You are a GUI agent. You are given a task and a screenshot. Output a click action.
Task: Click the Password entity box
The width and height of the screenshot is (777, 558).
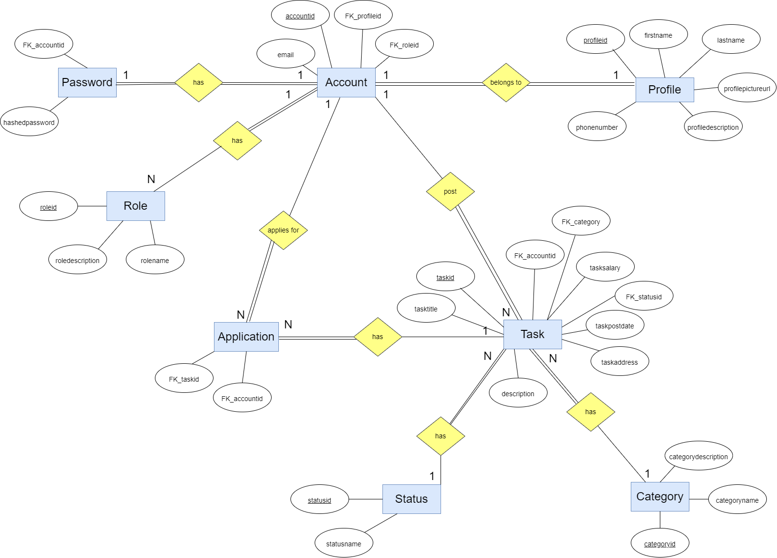(x=87, y=82)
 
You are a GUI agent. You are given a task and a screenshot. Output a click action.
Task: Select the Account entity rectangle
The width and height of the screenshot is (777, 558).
(x=346, y=82)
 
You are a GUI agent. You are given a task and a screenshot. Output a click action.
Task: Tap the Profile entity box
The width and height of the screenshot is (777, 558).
(x=664, y=90)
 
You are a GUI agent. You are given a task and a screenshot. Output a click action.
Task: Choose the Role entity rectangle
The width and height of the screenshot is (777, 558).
(x=136, y=206)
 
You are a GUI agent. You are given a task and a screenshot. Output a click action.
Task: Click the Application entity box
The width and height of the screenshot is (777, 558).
(x=246, y=337)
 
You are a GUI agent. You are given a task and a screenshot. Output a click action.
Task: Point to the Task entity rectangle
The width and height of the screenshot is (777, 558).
(x=533, y=334)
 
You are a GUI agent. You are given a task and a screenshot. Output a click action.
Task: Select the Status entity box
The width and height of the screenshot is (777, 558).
(x=411, y=499)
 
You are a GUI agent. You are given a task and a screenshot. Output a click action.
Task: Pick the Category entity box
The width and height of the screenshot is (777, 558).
(x=659, y=496)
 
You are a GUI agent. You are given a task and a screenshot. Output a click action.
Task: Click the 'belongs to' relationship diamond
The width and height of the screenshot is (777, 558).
(x=506, y=82)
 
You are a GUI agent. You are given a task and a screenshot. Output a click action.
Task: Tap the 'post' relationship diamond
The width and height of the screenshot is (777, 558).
(x=450, y=191)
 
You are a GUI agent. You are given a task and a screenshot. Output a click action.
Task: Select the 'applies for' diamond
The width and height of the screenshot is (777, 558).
(x=283, y=230)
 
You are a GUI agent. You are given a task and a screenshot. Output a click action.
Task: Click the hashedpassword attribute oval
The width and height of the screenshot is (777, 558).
(x=29, y=122)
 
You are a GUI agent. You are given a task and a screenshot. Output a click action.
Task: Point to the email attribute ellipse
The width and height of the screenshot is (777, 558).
(x=286, y=54)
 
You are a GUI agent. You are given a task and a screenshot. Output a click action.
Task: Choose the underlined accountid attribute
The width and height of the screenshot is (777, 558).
(x=300, y=15)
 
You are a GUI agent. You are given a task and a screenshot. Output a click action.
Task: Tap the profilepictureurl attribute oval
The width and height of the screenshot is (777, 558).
(x=747, y=88)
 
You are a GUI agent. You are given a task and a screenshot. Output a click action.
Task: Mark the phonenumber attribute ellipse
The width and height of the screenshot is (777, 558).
(x=597, y=127)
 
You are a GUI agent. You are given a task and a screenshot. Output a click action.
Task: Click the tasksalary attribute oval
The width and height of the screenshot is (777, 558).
(x=605, y=267)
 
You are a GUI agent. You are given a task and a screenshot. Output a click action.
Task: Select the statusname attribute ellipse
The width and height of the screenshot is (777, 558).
(x=344, y=543)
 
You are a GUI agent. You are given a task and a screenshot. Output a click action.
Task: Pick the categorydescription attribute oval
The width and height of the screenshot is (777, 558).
(x=698, y=456)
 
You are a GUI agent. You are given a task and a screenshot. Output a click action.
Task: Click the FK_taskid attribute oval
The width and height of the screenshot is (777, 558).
(x=184, y=379)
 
